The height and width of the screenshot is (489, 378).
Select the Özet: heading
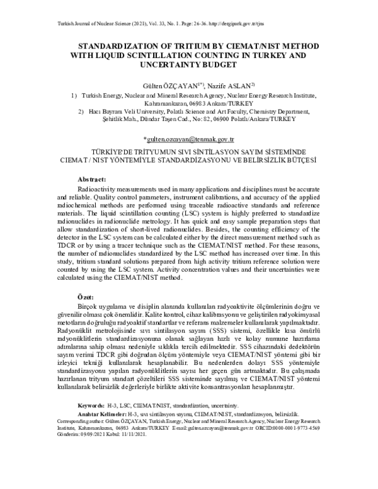tap(86, 296)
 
